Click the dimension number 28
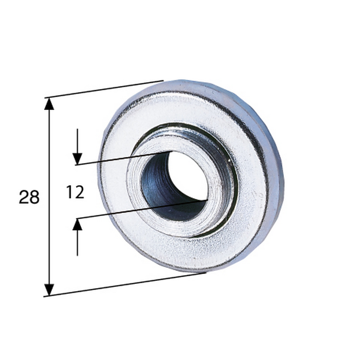click(x=29, y=197)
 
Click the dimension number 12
click(x=75, y=192)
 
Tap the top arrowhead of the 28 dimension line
click(x=49, y=104)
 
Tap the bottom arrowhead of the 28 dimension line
click(x=49, y=290)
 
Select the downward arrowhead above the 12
click(x=77, y=159)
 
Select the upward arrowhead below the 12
click(x=77, y=224)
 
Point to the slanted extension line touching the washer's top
click(x=104, y=89)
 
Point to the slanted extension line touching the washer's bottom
click(x=124, y=284)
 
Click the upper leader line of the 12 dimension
click(x=124, y=158)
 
